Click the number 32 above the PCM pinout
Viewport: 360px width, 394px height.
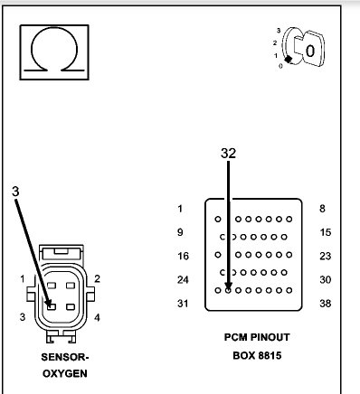point(228,154)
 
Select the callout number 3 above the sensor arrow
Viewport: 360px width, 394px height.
point(15,191)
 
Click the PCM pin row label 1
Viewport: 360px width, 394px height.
point(181,209)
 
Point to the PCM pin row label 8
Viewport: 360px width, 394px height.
point(323,209)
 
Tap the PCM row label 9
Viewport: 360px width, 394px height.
point(181,232)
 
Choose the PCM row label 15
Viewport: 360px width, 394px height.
point(326,232)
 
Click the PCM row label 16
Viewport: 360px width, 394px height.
point(182,256)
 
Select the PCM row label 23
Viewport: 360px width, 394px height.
point(326,256)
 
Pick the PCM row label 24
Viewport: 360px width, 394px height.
point(182,279)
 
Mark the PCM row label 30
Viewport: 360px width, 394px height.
point(326,279)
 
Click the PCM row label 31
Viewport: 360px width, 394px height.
point(182,303)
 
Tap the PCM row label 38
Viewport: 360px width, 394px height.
point(326,303)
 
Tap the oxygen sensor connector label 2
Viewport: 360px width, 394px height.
point(97,278)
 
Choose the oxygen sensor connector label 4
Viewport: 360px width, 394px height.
point(97,317)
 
